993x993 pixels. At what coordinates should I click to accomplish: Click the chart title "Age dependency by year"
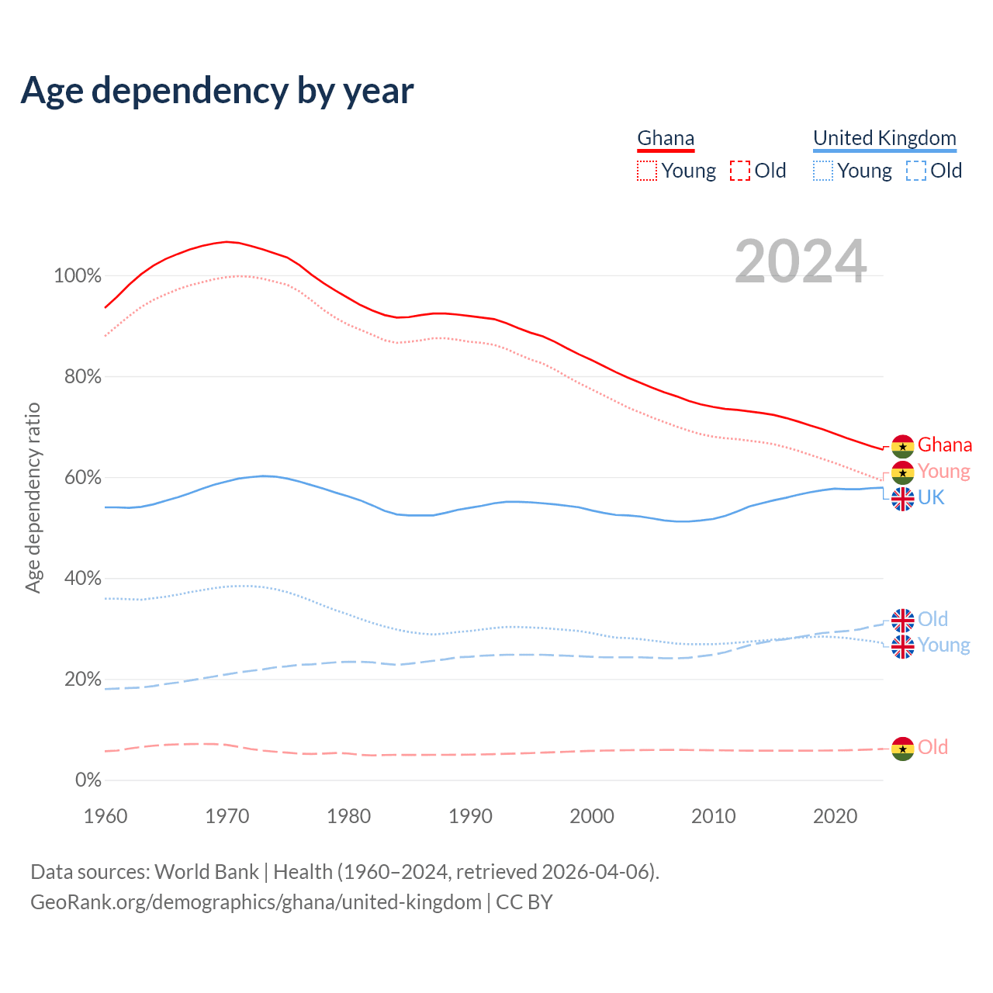217,91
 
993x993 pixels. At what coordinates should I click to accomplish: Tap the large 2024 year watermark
801,261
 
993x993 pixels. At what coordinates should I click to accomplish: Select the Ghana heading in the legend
666,138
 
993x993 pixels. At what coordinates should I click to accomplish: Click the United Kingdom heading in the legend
884,138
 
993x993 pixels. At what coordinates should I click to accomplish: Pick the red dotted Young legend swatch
647,171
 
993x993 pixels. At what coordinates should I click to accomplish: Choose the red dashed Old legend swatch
740,171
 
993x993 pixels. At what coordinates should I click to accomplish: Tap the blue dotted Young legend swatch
823,171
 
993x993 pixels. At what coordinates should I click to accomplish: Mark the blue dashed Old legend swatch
916,171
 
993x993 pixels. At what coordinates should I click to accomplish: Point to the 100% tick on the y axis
78,276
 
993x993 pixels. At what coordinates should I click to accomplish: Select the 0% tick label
88,780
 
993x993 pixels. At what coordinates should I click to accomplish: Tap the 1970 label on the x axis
227,816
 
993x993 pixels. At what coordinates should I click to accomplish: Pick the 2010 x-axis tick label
714,816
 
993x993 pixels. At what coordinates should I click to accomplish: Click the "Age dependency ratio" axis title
33,497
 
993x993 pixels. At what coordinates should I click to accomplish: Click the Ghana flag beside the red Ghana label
902,446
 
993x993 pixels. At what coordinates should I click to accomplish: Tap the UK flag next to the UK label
902,499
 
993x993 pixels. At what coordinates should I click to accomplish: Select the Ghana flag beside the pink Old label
902,749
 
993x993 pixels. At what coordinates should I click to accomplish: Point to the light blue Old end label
932,619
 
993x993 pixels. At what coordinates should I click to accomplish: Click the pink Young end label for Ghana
943,471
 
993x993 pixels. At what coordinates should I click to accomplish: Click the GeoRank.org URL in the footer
256,902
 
